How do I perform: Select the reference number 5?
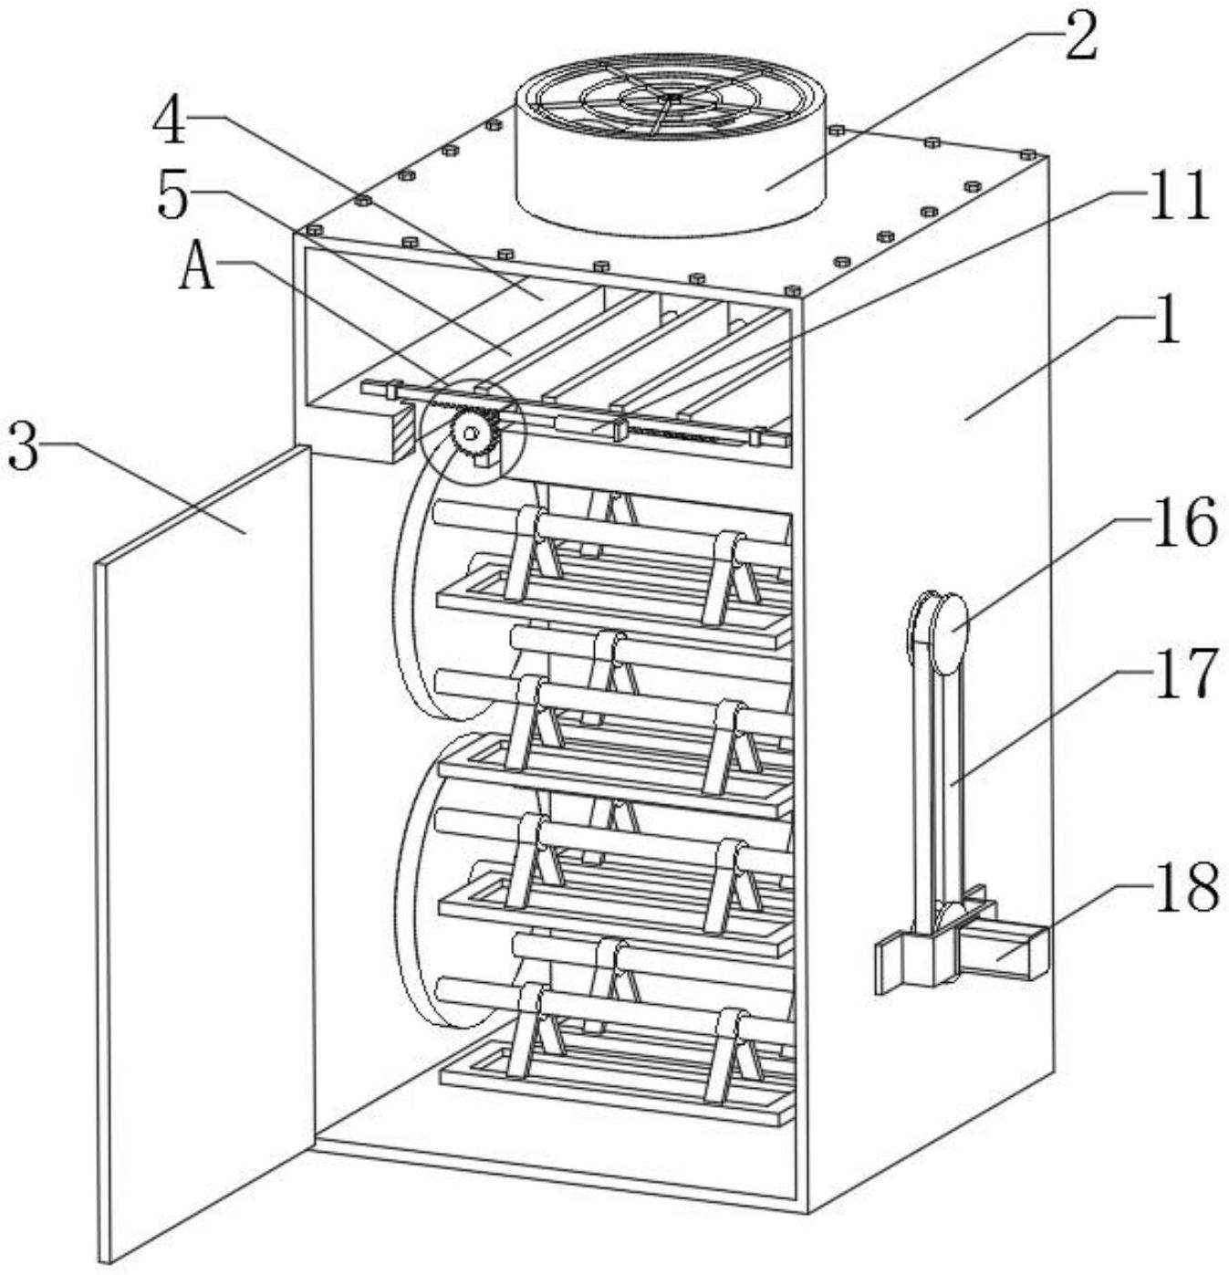point(173,197)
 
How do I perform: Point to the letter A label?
point(197,268)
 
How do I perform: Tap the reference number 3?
point(24,447)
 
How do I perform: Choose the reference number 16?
point(1184,522)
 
